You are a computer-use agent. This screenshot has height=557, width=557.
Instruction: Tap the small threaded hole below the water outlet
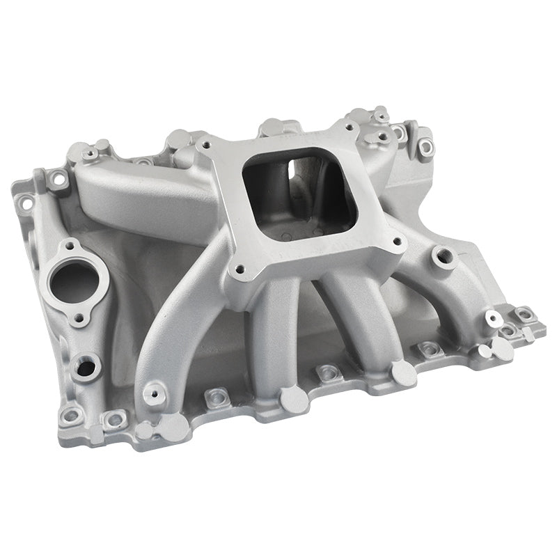point(86,366)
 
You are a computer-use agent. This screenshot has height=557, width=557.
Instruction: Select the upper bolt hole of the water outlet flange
point(71,247)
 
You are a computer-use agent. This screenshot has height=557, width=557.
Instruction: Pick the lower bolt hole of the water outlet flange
point(81,320)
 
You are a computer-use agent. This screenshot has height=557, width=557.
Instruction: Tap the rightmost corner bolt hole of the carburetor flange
point(398,242)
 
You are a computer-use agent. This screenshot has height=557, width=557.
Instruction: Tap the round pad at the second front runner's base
point(294,399)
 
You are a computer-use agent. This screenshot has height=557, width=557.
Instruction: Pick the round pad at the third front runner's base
point(403,372)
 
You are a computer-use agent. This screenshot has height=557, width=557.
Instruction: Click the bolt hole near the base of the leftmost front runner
point(153,394)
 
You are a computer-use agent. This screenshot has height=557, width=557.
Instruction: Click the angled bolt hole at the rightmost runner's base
point(494,320)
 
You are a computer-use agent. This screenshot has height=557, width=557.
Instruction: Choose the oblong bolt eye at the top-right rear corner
point(424,146)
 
